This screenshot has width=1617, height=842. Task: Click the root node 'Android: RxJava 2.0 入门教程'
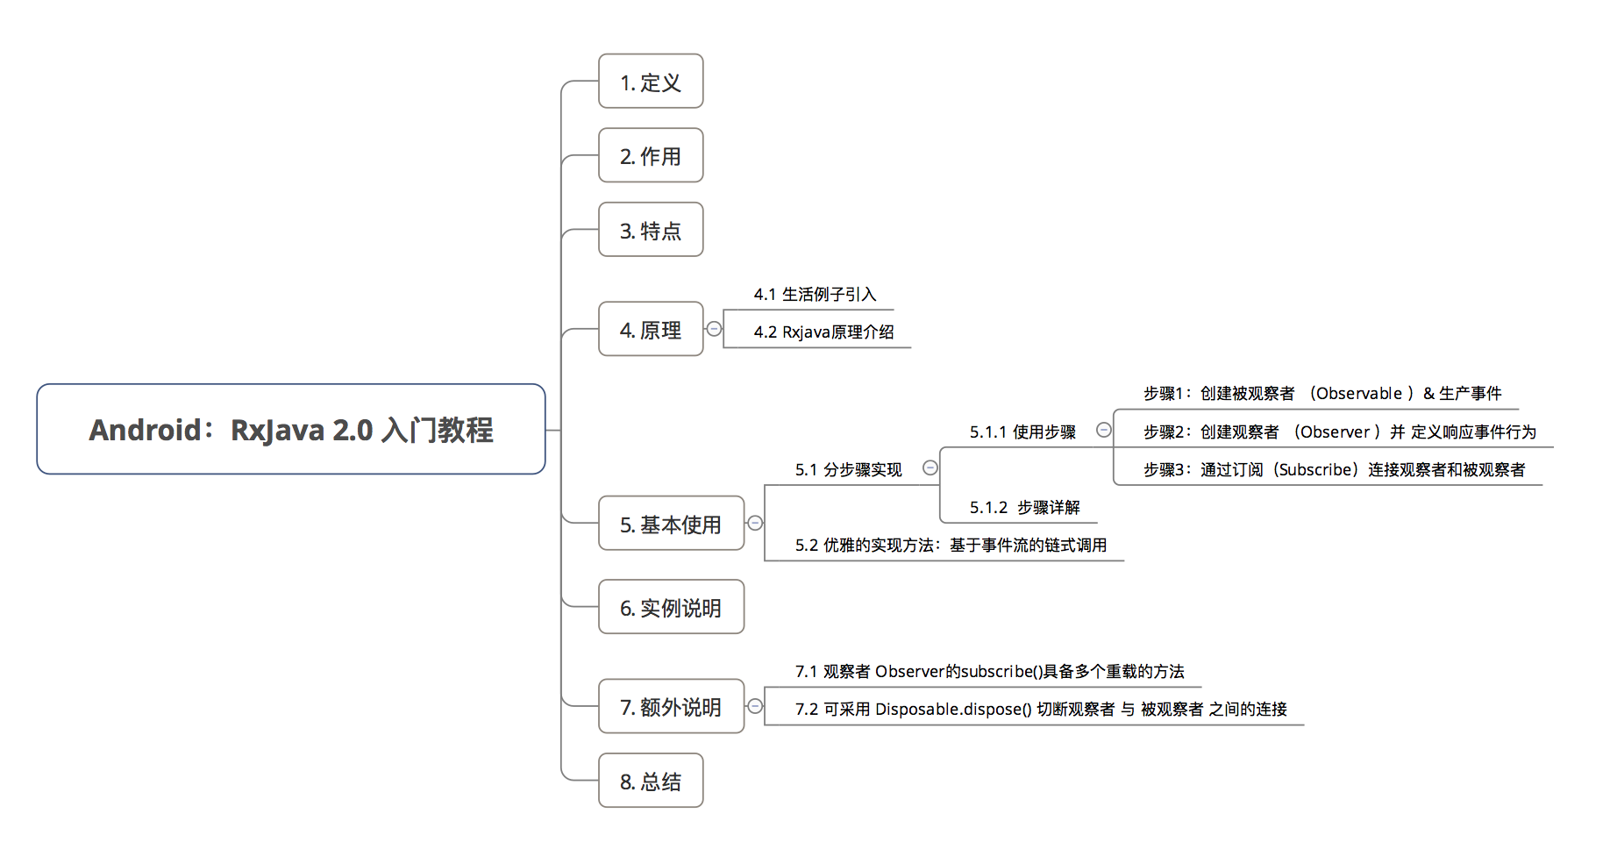tap(291, 430)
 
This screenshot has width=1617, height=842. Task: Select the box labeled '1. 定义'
tap(651, 82)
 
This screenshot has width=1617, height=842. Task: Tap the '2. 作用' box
tap(651, 156)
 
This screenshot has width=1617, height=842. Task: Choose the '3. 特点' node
tap(651, 231)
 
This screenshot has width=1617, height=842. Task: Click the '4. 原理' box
tap(651, 330)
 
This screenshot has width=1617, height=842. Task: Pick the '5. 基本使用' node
tap(671, 524)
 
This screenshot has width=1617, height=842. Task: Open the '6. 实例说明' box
tap(671, 608)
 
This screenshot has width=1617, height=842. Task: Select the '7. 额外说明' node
tap(671, 707)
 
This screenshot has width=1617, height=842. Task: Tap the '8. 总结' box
tap(651, 781)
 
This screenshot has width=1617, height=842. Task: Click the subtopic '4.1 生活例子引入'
tap(815, 295)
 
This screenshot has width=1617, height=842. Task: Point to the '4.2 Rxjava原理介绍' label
tap(823, 332)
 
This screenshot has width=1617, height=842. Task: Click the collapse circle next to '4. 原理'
tap(715, 329)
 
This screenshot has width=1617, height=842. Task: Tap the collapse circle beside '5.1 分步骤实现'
tap(930, 468)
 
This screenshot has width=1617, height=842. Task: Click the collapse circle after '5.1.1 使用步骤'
tap(1104, 430)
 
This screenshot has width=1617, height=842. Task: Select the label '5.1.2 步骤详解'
tap(1024, 508)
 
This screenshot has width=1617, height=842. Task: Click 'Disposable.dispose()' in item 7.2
tap(952, 710)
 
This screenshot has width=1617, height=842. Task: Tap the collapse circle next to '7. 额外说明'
tap(755, 706)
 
